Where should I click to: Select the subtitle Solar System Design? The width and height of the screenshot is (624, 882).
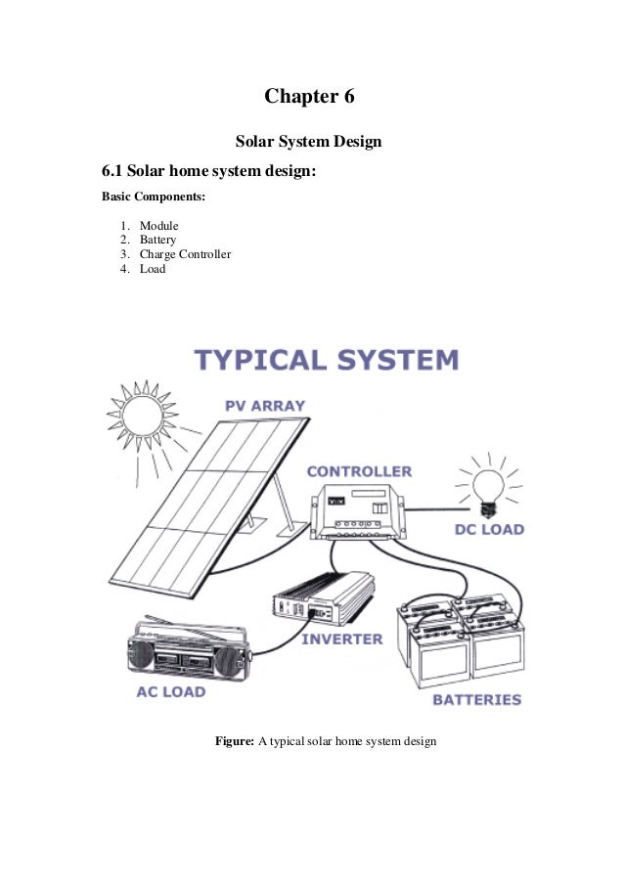[309, 143]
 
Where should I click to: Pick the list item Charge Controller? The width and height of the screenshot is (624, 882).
[185, 254]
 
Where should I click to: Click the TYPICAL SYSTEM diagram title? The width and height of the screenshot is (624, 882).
[327, 360]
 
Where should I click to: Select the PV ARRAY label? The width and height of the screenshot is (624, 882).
[265, 406]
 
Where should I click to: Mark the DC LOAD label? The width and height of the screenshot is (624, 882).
[490, 530]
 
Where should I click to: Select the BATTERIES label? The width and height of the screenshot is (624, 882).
[476, 700]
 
